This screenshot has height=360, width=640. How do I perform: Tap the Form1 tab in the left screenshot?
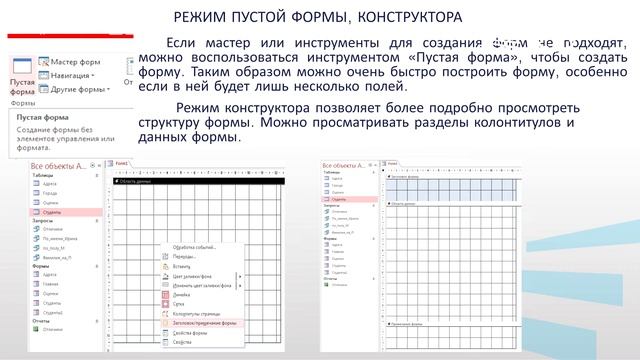(121, 163)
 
